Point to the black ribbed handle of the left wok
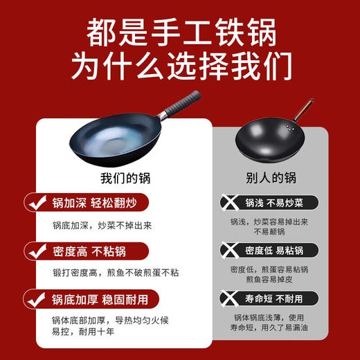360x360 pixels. pyautogui.click(x=181, y=103)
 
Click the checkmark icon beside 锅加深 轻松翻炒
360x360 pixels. pyautogui.click(x=35, y=204)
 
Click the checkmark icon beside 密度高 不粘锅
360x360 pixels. pyautogui.click(x=35, y=251)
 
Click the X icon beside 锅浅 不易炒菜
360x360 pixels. pyautogui.click(x=228, y=203)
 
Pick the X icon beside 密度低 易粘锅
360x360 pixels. pyautogui.click(x=228, y=250)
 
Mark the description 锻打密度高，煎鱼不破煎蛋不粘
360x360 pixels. pyautogui.click(x=115, y=273)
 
